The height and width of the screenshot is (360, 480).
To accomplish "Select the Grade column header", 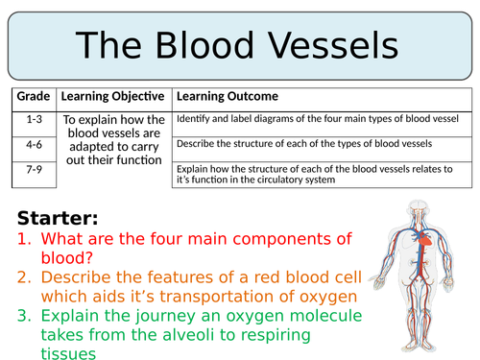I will [32, 97].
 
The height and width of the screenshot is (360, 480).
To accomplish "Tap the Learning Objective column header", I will [114, 97].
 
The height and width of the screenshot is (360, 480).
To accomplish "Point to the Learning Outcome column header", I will [228, 97].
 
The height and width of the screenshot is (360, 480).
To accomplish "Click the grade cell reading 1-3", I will [32, 119].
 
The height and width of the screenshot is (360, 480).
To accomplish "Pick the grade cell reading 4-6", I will [32, 143].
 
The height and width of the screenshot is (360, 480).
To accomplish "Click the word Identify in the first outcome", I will [191, 119].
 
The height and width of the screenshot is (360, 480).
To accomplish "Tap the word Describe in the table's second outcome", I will [195, 143].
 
